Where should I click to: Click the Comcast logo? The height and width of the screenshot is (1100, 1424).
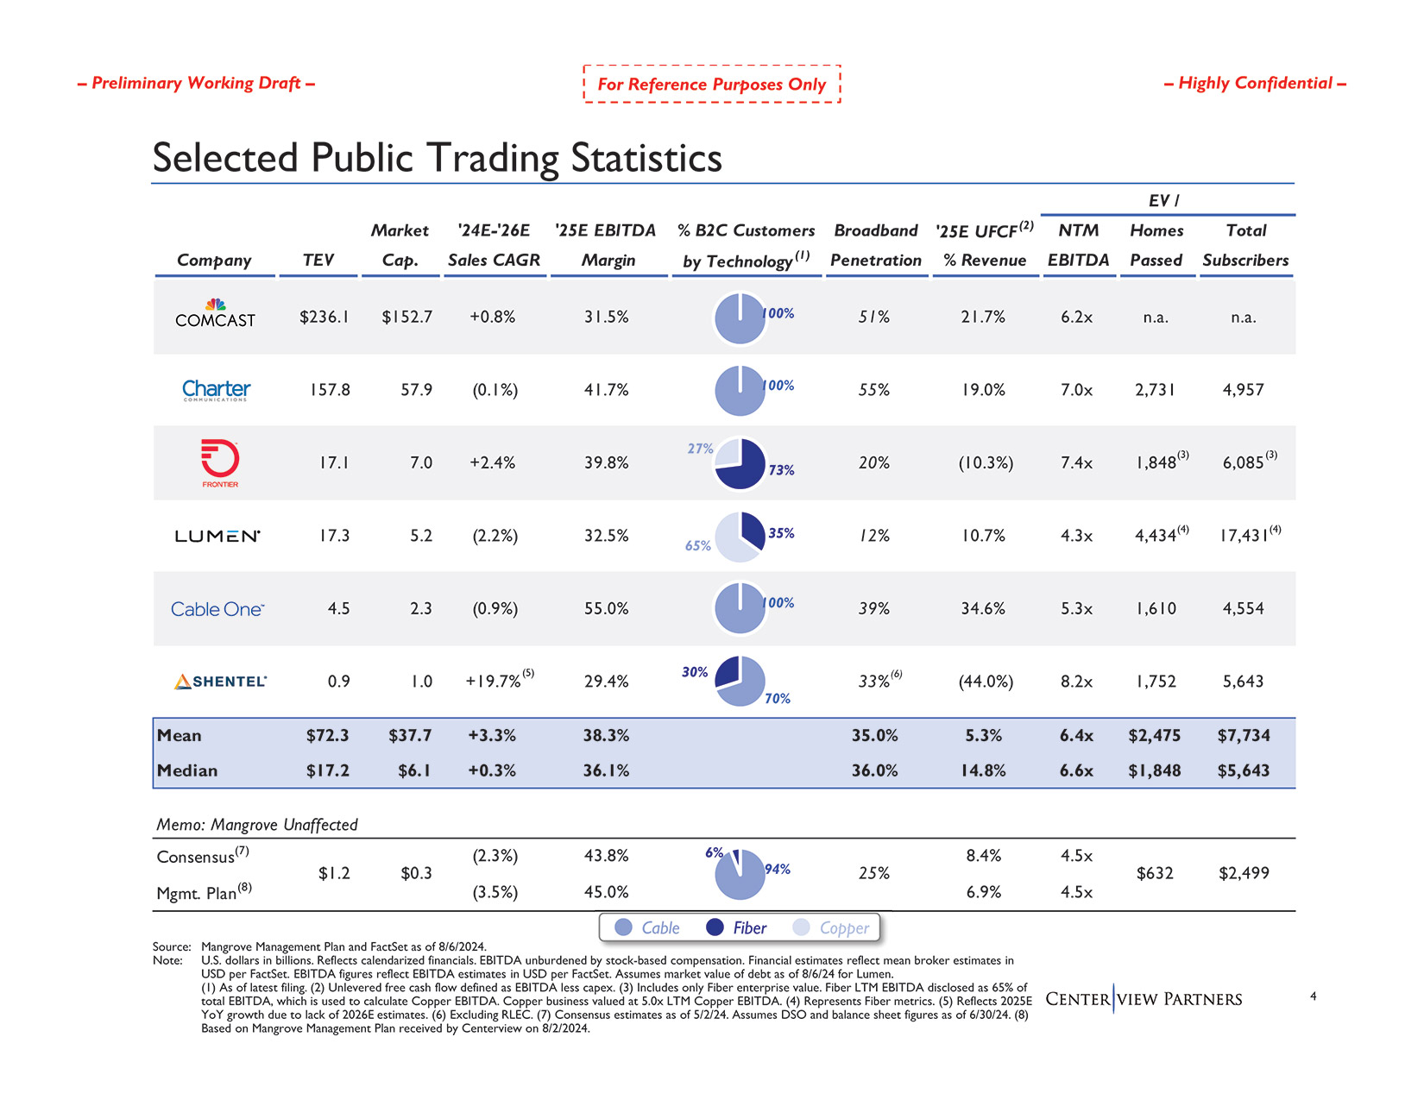click(x=215, y=315)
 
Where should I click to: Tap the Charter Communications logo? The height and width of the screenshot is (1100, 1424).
click(x=216, y=390)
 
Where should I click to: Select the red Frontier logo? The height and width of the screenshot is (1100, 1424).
click(x=219, y=462)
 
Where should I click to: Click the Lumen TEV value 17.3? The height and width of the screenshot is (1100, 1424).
click(x=334, y=536)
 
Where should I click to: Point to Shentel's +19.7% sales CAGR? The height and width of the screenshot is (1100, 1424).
click(x=495, y=682)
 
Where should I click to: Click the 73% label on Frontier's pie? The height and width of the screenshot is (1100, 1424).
click(x=781, y=470)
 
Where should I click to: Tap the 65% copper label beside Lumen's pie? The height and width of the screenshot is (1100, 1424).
click(x=697, y=545)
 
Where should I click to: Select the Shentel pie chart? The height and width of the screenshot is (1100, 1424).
click(x=740, y=681)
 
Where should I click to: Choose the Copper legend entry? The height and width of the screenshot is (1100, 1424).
click(x=831, y=927)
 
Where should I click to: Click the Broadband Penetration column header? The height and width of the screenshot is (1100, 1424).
click(x=876, y=245)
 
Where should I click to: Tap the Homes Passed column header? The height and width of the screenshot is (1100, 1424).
click(x=1156, y=245)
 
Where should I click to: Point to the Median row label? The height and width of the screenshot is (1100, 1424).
click(x=187, y=770)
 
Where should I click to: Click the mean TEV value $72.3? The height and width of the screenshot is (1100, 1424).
click(x=328, y=736)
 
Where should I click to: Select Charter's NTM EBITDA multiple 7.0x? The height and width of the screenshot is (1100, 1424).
click(x=1076, y=390)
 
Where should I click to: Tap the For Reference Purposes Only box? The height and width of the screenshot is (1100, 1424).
click(x=712, y=84)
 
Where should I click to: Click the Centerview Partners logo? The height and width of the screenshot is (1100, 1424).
click(x=1144, y=999)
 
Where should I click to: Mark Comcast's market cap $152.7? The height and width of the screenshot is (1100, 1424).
click(x=407, y=317)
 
